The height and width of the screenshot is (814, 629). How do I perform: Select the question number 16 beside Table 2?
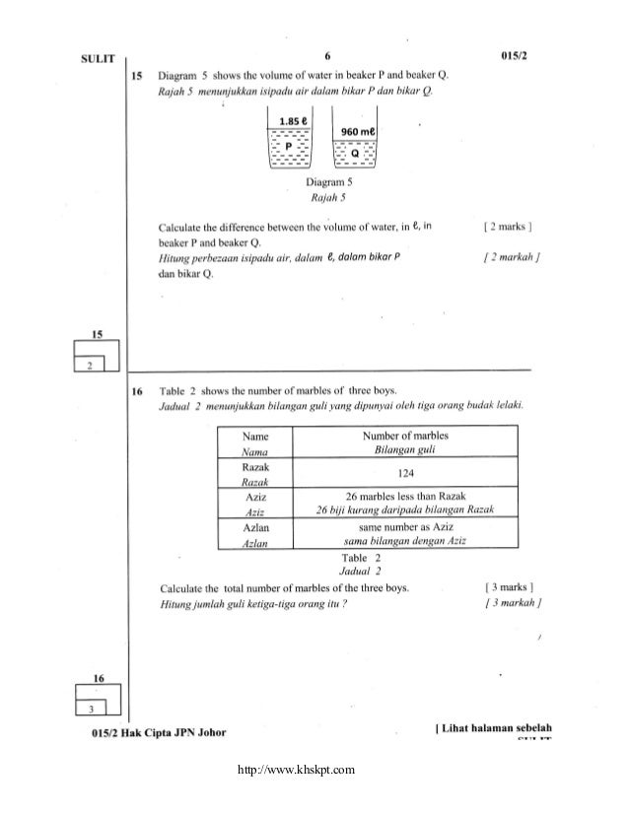pos(139,391)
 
